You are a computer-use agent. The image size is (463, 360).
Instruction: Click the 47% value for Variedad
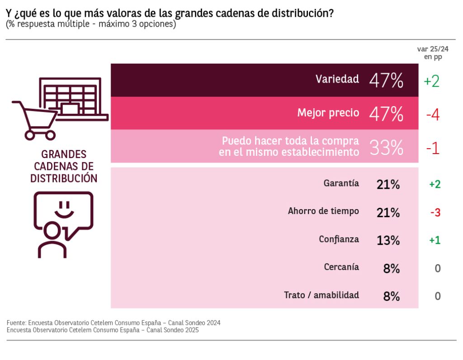click(386, 80)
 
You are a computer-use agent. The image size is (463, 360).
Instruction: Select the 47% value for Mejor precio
click(386, 114)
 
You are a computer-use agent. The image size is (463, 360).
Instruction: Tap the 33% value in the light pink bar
click(386, 147)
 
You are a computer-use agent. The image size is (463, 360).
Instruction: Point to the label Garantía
click(341, 183)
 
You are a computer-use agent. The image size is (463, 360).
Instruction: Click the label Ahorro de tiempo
click(323, 211)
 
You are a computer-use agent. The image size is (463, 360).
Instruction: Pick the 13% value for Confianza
click(388, 240)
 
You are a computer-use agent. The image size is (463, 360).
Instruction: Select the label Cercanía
click(341, 267)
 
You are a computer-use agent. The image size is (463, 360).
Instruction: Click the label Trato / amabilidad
click(321, 295)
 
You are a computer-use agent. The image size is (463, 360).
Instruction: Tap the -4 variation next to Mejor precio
click(433, 114)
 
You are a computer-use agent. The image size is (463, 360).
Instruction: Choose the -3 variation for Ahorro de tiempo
click(435, 212)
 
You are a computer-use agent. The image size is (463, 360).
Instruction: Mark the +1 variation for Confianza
click(435, 240)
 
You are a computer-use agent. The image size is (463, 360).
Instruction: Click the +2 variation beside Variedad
click(432, 81)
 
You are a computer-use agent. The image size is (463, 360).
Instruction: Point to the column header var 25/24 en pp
click(433, 53)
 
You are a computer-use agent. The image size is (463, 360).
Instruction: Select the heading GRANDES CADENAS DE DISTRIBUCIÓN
click(64, 166)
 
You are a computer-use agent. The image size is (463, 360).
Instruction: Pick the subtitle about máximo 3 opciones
click(91, 24)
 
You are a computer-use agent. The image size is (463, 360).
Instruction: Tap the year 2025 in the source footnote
click(189, 330)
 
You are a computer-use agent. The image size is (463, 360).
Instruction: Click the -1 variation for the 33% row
click(433, 148)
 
